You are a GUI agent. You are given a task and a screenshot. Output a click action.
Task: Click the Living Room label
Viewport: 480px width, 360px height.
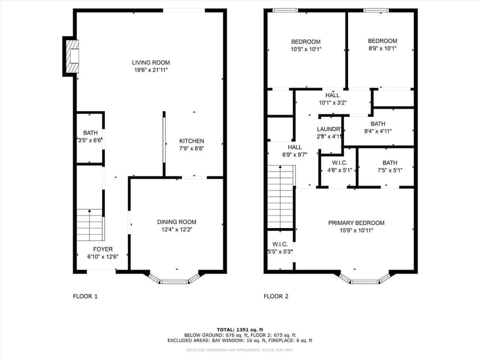click(150, 62)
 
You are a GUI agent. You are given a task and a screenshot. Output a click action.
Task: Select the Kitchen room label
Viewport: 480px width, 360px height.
click(191, 141)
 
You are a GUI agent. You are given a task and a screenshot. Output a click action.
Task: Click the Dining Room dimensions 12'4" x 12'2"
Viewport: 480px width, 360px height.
click(176, 229)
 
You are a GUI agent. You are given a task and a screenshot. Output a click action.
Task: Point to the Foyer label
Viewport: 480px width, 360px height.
click(102, 249)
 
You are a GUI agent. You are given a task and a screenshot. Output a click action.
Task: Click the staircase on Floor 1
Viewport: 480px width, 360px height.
click(90, 224)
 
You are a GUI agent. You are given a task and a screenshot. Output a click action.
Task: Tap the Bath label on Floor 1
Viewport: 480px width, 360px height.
click(90, 133)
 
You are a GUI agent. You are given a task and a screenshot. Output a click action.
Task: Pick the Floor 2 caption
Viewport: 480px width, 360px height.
click(276, 296)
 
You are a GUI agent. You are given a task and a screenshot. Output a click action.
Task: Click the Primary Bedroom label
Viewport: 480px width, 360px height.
click(356, 223)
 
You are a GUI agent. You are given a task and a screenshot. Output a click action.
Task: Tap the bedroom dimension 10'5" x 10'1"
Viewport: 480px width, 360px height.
click(305, 49)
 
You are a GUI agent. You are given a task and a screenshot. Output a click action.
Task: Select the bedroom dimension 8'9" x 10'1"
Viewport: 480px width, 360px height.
click(382, 48)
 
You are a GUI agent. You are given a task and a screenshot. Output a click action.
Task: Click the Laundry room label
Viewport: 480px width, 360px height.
click(329, 128)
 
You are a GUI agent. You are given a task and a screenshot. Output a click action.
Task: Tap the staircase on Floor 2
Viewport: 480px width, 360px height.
click(281, 197)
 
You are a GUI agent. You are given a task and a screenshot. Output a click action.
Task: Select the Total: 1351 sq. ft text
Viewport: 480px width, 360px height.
click(239, 330)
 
